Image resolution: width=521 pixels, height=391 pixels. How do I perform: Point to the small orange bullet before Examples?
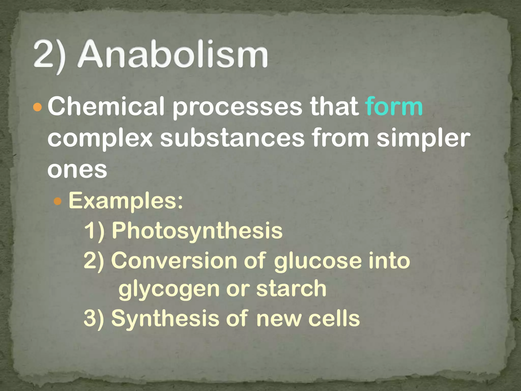click(x=58, y=201)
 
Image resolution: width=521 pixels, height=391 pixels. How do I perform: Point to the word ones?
click(x=77, y=170)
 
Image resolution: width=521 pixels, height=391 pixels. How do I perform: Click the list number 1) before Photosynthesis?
click(x=94, y=231)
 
